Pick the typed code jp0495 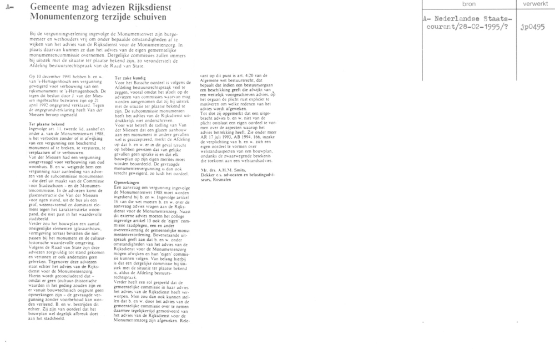pos(532,26)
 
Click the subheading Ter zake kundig pos(129,78)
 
